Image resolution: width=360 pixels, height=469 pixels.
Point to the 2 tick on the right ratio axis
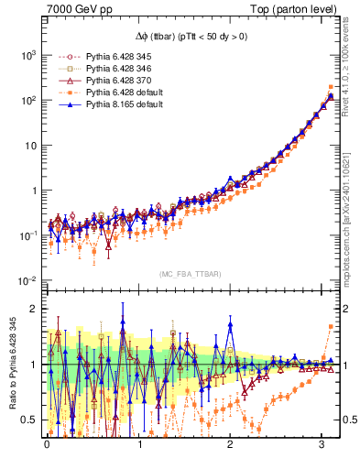348,309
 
